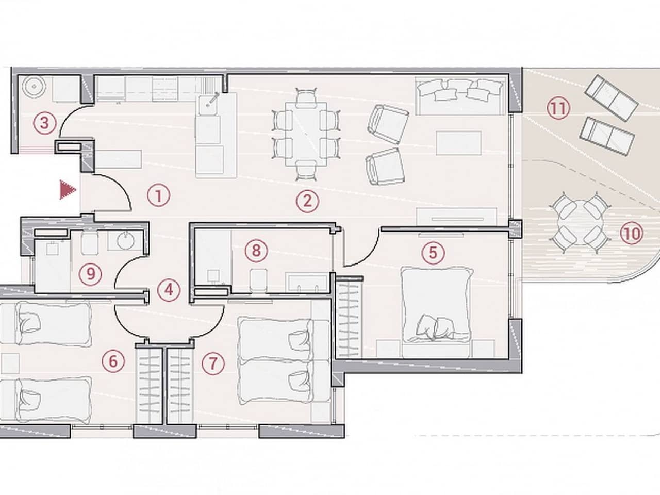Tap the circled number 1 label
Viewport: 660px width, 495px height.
tap(158, 196)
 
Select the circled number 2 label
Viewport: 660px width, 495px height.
tap(307, 202)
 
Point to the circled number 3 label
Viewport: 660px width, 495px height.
tap(44, 123)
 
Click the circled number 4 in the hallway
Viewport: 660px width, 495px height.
tap(169, 290)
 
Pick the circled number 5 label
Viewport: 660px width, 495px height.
tap(433, 253)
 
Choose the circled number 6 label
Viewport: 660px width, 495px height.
tap(113, 361)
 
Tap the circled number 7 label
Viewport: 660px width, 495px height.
tap(213, 364)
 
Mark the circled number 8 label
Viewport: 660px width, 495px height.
tap(256, 251)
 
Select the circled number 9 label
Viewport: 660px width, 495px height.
tap(90, 274)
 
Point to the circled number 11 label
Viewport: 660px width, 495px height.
tap(558, 108)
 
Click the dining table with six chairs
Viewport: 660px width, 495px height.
tap(306, 134)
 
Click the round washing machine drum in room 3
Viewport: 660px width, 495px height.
tap(35, 86)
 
